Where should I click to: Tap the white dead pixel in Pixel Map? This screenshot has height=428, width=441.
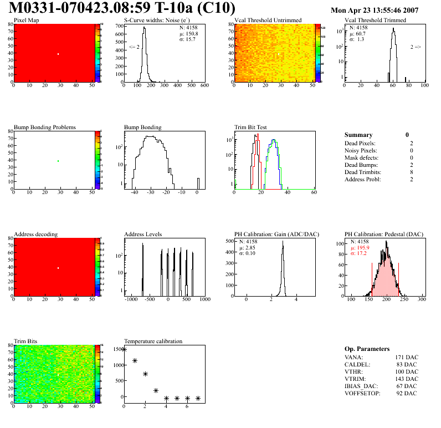tap(58, 54)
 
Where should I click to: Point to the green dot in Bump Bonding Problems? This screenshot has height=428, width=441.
tap(58, 161)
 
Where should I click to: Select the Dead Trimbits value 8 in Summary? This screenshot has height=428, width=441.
tap(407, 172)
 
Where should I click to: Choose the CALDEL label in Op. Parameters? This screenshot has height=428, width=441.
tap(356, 364)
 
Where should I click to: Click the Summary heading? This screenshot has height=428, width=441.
tap(358, 135)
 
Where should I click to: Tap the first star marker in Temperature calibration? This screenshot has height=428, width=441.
tap(124, 349)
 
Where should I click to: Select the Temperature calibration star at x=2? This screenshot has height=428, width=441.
tap(145, 374)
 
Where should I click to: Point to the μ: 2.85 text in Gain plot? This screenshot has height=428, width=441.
tap(250, 247)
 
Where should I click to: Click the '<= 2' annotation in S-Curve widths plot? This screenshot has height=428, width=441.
tap(134, 47)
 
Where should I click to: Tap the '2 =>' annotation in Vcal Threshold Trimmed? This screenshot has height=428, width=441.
tap(415, 47)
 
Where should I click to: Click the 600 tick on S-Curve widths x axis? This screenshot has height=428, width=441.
tap(204, 86)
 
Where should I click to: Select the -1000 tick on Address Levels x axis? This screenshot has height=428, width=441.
tap(131, 299)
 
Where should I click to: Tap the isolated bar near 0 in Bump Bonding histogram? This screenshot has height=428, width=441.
tap(198, 183)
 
